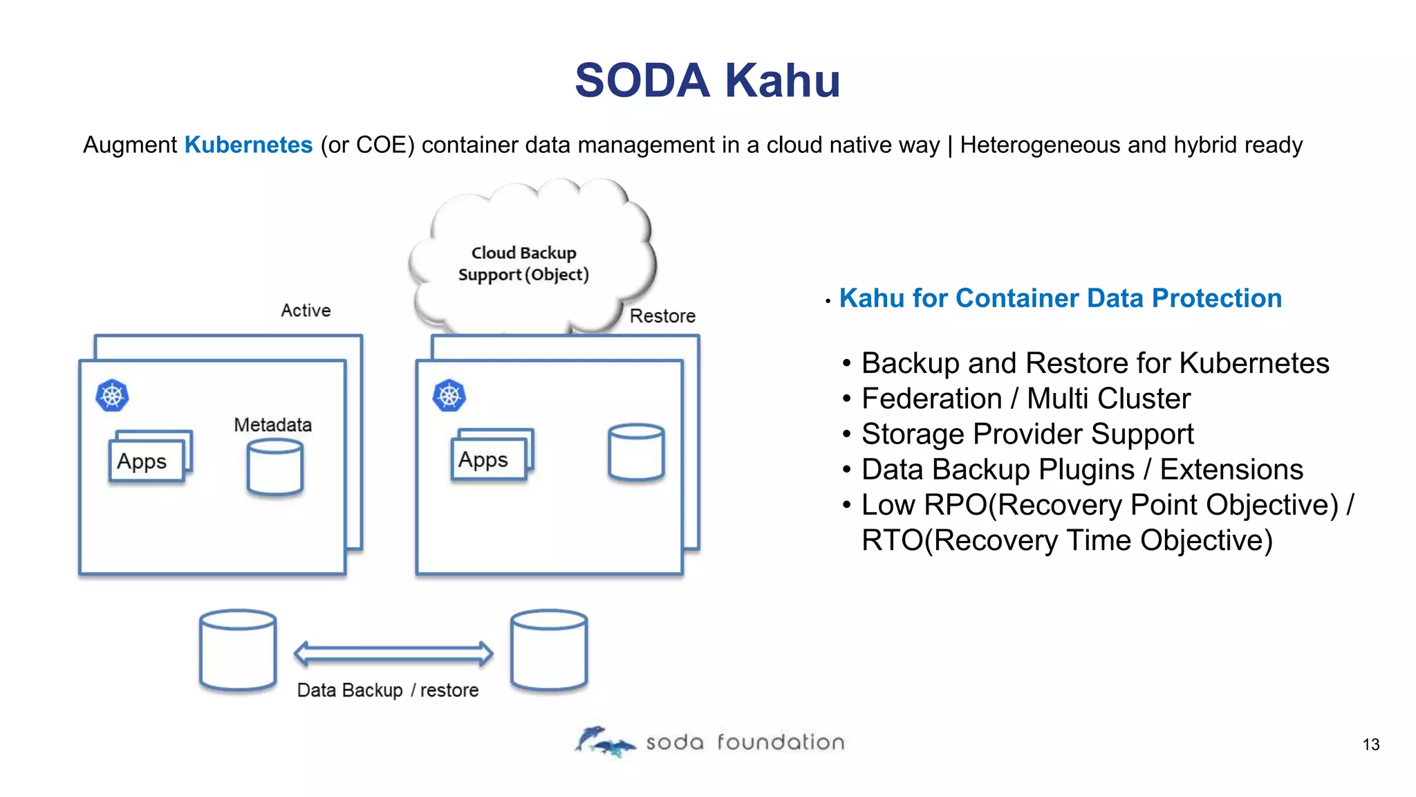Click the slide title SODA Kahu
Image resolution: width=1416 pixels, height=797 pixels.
click(707, 81)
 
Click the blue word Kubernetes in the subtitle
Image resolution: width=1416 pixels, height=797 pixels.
click(248, 145)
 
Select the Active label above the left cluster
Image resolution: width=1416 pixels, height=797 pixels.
click(306, 311)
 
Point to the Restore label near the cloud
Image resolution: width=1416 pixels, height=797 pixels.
click(662, 316)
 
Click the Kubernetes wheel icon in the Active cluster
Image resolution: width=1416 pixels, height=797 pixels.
click(112, 396)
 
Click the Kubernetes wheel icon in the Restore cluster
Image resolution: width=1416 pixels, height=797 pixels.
click(449, 396)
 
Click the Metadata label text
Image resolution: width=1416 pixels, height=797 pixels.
click(272, 425)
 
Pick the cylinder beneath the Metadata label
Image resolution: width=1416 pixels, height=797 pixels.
click(274, 468)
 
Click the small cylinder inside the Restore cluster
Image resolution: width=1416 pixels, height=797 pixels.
click(636, 452)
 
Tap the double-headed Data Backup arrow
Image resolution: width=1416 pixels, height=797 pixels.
click(393, 653)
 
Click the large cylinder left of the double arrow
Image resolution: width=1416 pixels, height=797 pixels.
click(238, 650)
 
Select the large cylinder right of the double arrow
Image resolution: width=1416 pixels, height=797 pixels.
click(549, 650)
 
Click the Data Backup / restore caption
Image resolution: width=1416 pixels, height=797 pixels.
click(387, 690)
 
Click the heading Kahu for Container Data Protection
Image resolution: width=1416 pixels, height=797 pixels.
click(1060, 298)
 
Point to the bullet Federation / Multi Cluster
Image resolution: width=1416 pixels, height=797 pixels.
click(1025, 398)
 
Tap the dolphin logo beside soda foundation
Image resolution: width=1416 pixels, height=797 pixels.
click(603, 742)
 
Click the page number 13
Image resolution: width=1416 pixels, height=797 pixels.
click(1370, 745)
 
